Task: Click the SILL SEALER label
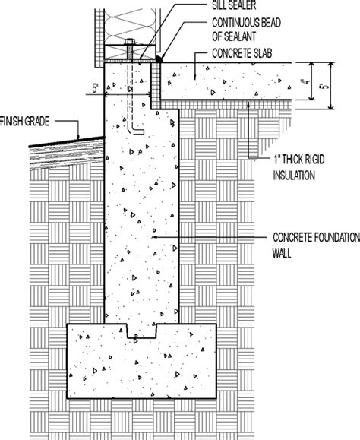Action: [234, 5]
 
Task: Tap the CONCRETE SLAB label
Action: [242, 53]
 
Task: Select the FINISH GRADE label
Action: [24, 122]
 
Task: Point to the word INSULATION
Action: [294, 176]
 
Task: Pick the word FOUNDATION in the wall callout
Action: [337, 237]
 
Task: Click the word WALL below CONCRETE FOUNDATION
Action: [282, 253]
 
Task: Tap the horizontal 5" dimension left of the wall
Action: [96, 88]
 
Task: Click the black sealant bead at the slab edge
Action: [159, 59]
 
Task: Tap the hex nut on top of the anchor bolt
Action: [129, 42]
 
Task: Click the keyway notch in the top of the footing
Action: [141, 331]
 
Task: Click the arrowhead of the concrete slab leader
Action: [195, 77]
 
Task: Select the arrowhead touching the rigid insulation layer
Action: [248, 104]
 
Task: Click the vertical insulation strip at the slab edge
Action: [156, 84]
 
